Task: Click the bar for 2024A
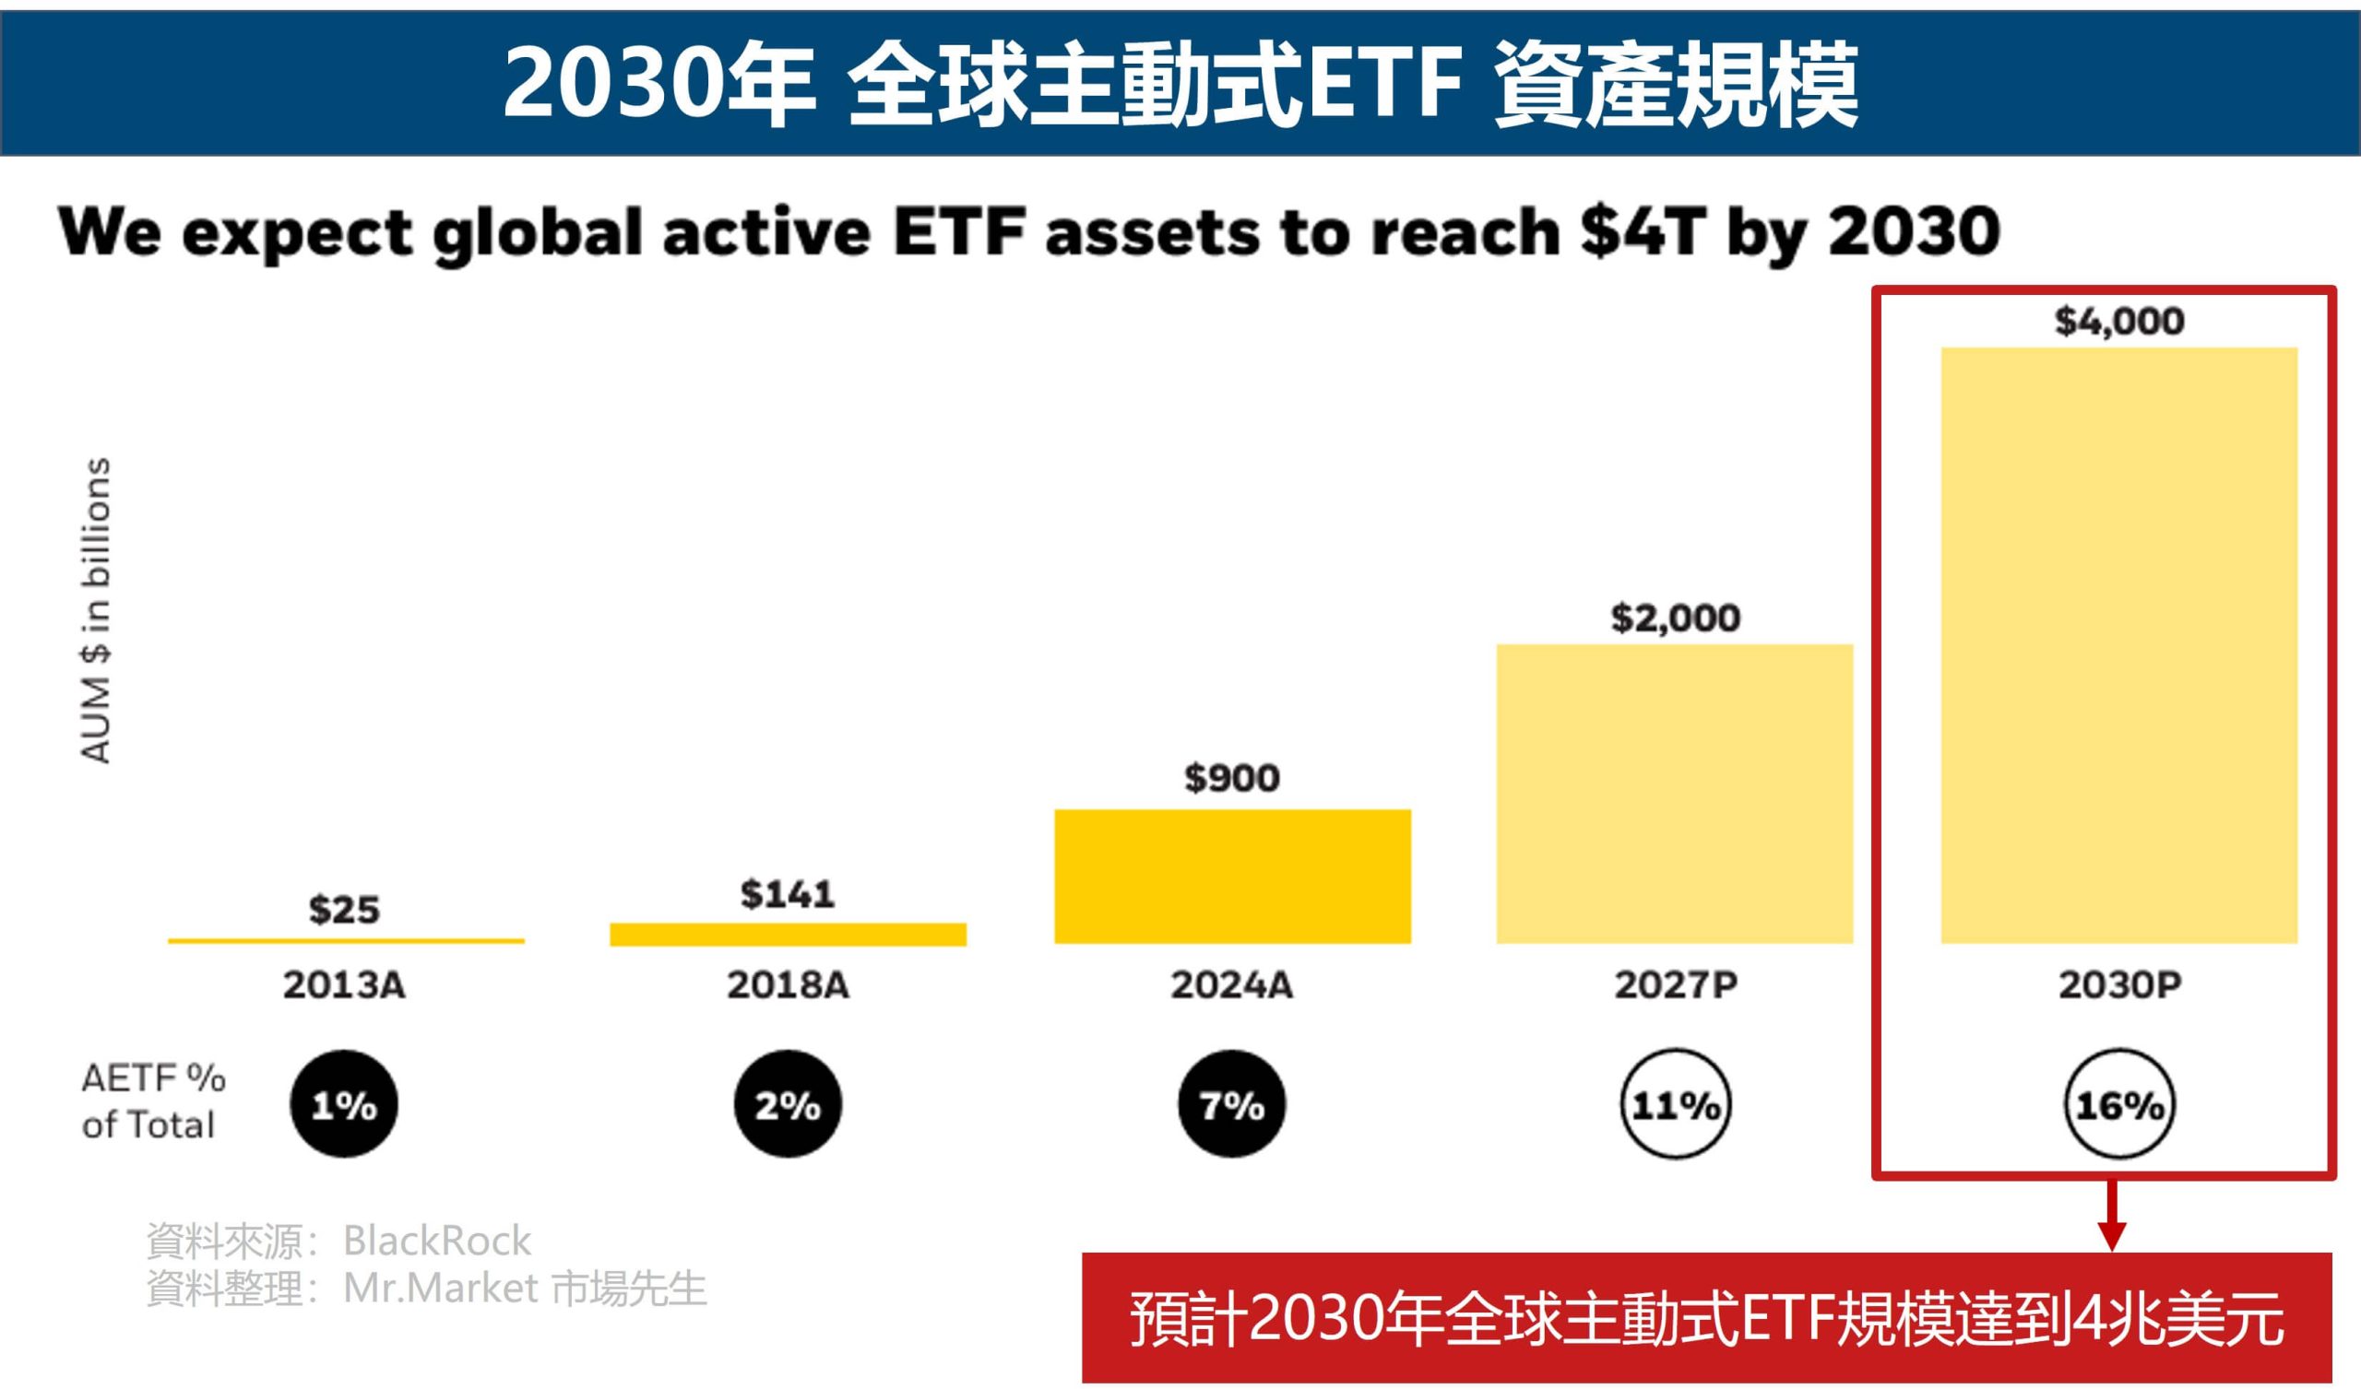click(x=1232, y=876)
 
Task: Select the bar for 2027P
click(x=1674, y=794)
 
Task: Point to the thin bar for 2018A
click(x=788, y=935)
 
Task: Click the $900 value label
click(x=1232, y=777)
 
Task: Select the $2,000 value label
click(x=1675, y=618)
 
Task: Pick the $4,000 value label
click(x=2119, y=322)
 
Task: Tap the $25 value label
click(x=345, y=910)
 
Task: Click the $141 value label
click(x=788, y=893)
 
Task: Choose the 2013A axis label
click(x=345, y=985)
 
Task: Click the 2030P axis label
click(x=2119, y=985)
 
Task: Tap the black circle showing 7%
click(x=1232, y=1105)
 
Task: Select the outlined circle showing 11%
click(x=1675, y=1105)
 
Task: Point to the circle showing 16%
click(x=2119, y=1105)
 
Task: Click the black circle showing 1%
click(x=344, y=1105)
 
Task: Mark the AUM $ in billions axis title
click(x=97, y=611)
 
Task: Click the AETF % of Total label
click(x=152, y=1101)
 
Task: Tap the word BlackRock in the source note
click(x=436, y=1241)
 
